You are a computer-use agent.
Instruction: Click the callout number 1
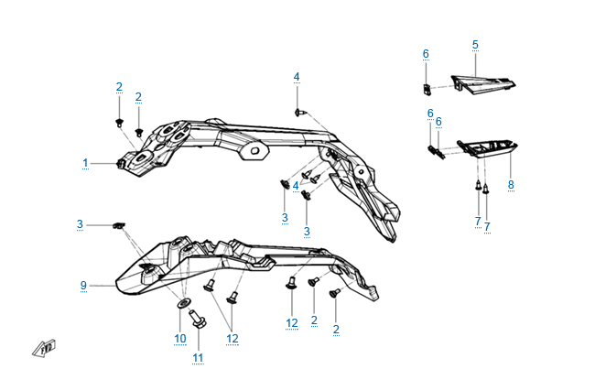[x=85, y=164]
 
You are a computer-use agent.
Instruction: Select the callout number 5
[x=475, y=44]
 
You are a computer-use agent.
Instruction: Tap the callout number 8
[x=511, y=185]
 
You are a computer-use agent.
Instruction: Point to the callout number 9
[x=83, y=286]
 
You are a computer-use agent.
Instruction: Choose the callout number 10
[x=179, y=339]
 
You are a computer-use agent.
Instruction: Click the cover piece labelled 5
[x=483, y=85]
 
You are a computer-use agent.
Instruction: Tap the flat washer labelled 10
[x=184, y=302]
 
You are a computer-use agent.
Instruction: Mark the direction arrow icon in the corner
[x=46, y=348]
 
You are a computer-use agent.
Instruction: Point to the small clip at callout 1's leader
[x=121, y=164]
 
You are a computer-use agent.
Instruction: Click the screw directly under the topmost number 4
[x=301, y=111]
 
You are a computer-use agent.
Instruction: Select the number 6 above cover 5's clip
[x=426, y=54]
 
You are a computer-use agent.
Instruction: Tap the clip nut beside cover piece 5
[x=427, y=88]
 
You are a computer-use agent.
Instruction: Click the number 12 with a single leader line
[x=291, y=323]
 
